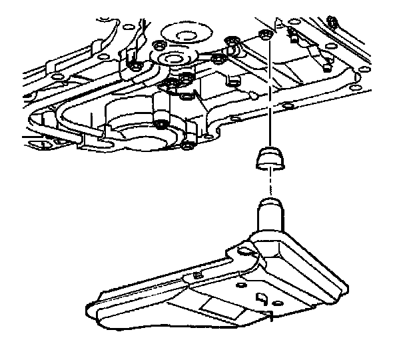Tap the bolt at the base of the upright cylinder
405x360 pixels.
[x=161, y=124]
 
